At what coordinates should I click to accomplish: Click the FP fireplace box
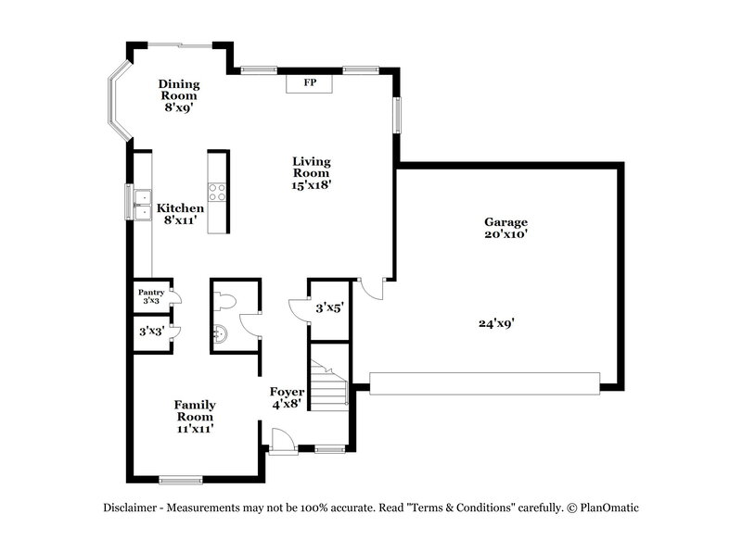pos(310,83)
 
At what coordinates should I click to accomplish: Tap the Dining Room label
pos(179,89)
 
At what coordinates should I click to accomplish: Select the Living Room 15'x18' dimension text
pos(312,185)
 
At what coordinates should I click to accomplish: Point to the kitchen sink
pos(142,203)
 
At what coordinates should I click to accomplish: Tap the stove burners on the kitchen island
pos(216,193)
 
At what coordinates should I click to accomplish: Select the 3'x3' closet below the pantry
pos(151,331)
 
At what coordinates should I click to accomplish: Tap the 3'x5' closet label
pos(330,307)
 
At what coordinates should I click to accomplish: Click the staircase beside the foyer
pos(328,381)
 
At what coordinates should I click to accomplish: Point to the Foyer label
pos(286,391)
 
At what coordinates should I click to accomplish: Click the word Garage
pos(505,222)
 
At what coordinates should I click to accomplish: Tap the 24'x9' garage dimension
pos(496,323)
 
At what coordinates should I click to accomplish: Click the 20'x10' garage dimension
pos(505,235)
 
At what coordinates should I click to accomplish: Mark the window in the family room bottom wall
pos(180,479)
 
